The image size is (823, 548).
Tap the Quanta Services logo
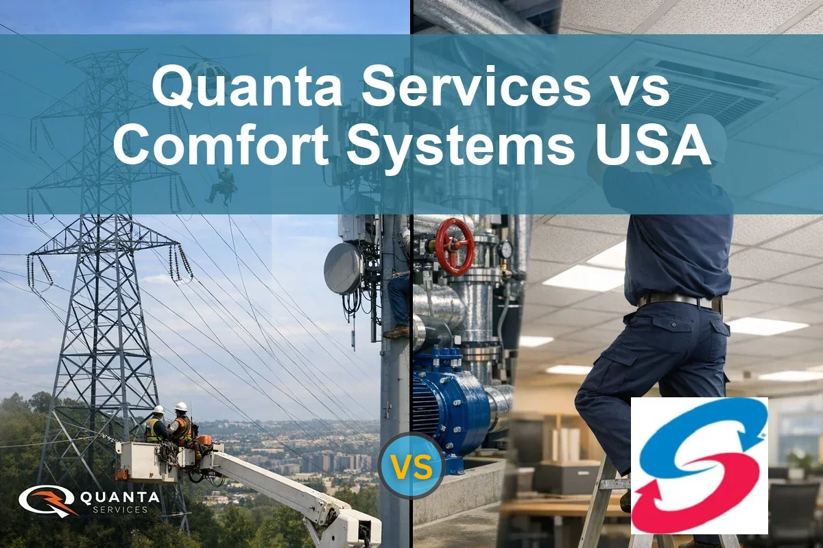pos(89,501)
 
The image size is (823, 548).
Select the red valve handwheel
pos(455,245)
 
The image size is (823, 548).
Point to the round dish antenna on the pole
pos(343,268)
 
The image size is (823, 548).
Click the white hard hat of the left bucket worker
pos(158,410)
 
